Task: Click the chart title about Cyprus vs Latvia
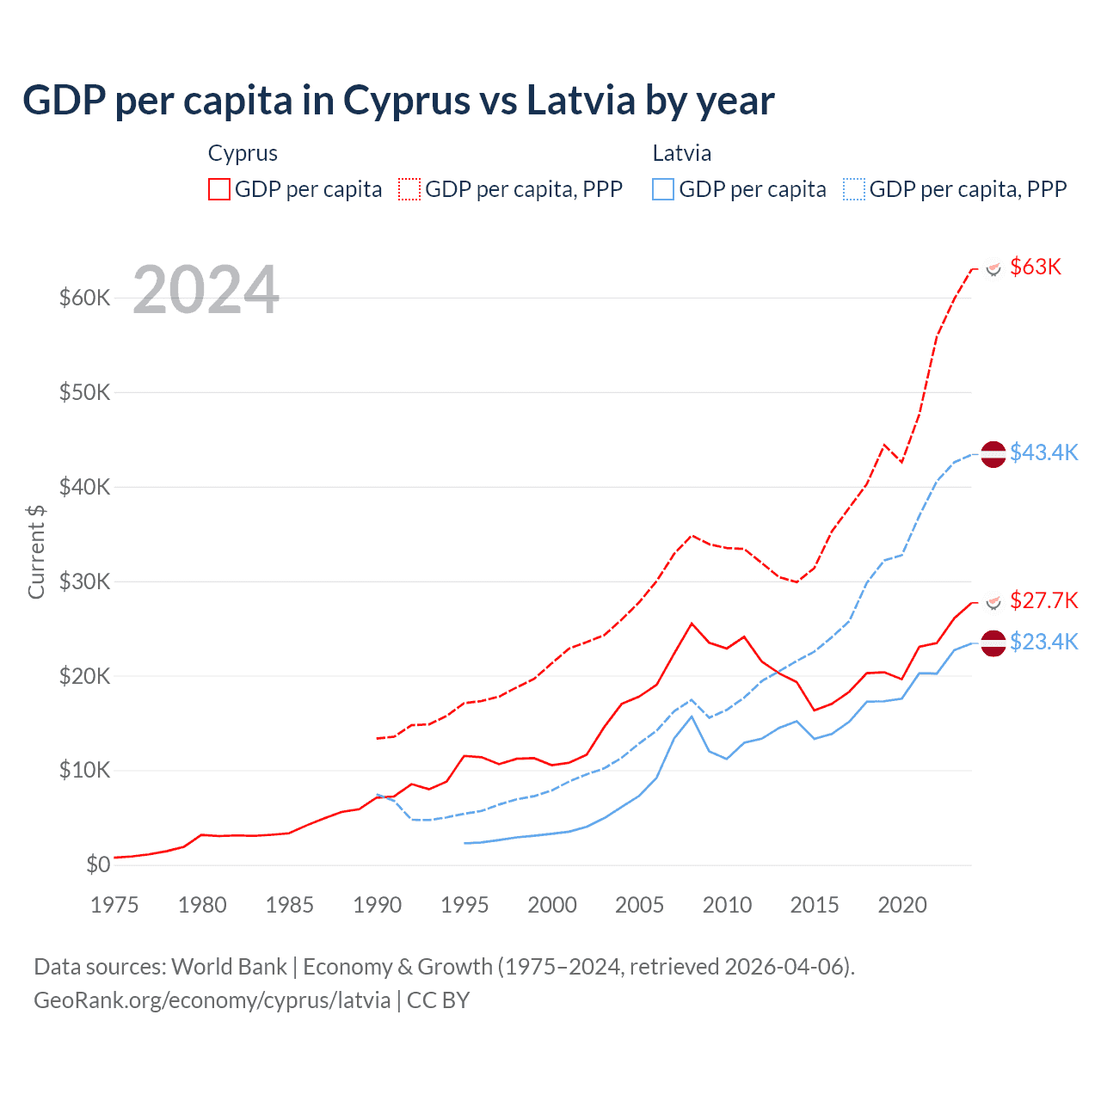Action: pos(398,101)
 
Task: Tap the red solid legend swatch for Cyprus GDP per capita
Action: pos(219,189)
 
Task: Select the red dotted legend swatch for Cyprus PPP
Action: pos(409,189)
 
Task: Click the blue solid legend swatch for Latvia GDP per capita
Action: pos(663,189)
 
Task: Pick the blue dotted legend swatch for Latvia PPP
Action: pos(854,189)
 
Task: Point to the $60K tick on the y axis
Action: pos(84,298)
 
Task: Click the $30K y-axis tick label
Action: pos(84,581)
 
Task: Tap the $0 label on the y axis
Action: pos(98,864)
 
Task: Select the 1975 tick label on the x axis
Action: pos(114,905)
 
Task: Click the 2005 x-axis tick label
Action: pos(639,905)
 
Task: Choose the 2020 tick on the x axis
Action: pos(901,905)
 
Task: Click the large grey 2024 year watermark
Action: pos(206,290)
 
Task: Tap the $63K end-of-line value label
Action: pos(1036,267)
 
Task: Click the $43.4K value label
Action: pos(1043,452)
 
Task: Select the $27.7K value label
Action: pos(1043,600)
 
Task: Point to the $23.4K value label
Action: pos(1043,642)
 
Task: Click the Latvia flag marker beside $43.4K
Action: pos(993,453)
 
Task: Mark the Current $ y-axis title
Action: pos(36,551)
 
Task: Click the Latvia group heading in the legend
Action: pos(681,153)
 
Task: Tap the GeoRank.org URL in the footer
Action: pos(212,1000)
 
